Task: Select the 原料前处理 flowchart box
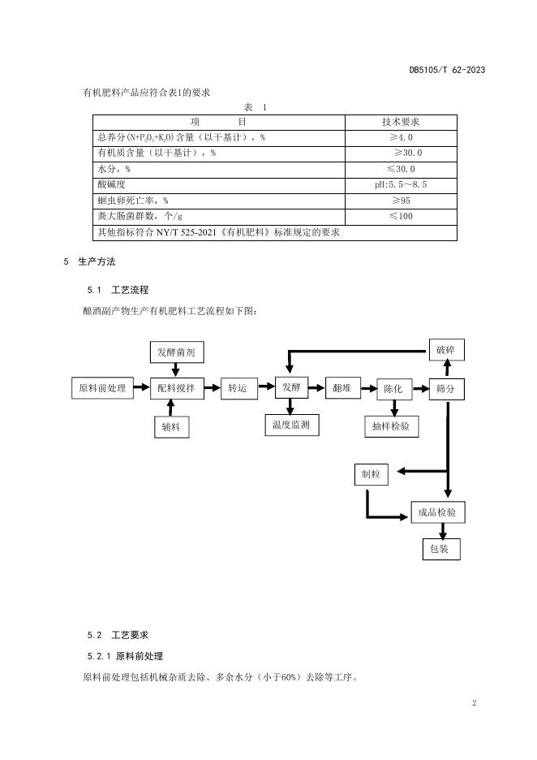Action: point(102,388)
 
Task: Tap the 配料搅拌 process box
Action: point(177,388)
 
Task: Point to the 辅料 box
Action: point(170,426)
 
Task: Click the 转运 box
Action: point(237,388)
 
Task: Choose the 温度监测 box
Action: point(291,424)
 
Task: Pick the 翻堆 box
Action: point(342,388)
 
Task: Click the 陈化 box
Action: point(393,389)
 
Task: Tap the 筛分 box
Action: point(445,389)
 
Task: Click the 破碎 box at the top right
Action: point(445,350)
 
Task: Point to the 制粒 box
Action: point(370,473)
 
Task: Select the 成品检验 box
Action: point(437,512)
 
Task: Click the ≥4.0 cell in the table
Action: point(401,137)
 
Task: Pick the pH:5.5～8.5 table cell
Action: point(401,184)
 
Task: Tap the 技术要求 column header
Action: point(401,122)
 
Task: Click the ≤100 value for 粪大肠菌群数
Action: point(401,216)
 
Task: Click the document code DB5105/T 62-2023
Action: point(447,70)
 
